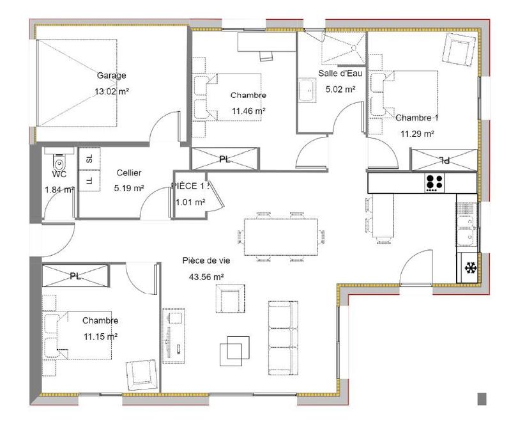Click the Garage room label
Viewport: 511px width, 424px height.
[111, 75]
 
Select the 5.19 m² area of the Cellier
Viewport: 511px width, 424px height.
[128, 188]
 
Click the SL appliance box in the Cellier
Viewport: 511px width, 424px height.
[89, 159]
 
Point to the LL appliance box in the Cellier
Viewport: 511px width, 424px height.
[89, 181]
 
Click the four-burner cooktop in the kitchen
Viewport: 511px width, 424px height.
[435, 182]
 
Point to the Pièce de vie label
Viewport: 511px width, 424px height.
[206, 261]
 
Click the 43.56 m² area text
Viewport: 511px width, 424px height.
[206, 277]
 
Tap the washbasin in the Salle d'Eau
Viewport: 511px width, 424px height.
[307, 90]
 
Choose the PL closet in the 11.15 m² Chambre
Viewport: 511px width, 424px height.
[75, 276]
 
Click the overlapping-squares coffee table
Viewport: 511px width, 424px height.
[233, 350]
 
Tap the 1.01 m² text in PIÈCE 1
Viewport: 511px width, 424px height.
[190, 203]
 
